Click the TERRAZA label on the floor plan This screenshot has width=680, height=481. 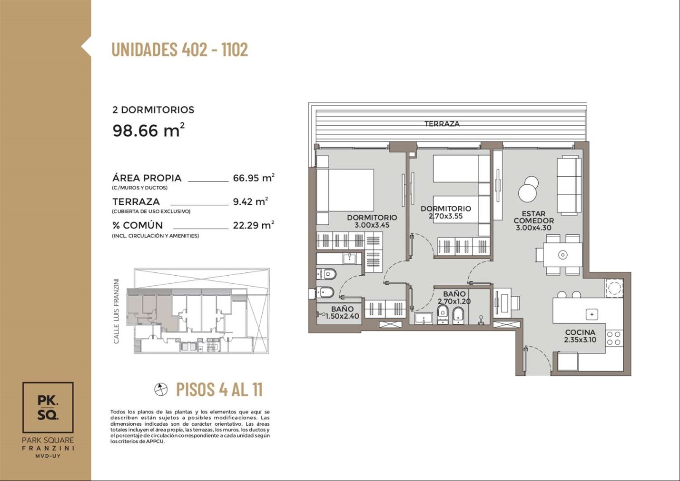pos(442,124)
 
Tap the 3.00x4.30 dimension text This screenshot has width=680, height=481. pos(533,228)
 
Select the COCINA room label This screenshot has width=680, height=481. pos(580,332)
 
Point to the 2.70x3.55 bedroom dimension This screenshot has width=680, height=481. pos(446,216)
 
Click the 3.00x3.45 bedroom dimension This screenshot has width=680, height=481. pos(372,225)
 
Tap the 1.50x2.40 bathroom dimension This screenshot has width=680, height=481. pos(342,316)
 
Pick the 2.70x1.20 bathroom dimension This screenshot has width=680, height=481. pos(454,301)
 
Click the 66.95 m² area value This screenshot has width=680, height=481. pos(254,178)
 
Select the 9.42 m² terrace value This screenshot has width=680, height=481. pos(250,201)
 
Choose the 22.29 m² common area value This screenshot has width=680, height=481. pos(254,225)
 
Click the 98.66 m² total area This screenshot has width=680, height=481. pos(148,130)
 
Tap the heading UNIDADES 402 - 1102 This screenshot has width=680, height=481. pos(180,49)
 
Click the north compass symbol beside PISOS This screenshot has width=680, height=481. pos(161,389)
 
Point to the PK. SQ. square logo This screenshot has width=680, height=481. pos(48,408)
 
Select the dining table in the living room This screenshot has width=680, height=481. pos(562,255)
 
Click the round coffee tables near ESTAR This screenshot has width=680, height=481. pos(528,188)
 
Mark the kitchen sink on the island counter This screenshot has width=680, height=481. pos(591,314)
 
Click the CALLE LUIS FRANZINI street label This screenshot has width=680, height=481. pos(116,311)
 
